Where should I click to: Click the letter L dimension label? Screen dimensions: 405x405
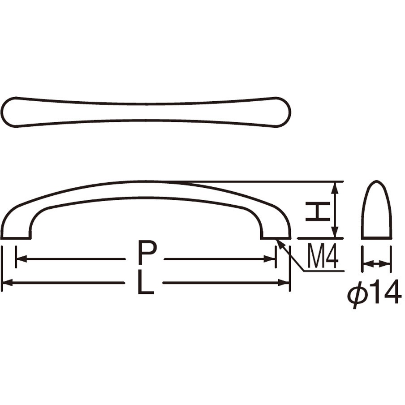[146, 282]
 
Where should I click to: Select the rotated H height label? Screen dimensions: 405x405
[318, 211]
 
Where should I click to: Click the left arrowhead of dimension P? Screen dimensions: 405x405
[22, 259]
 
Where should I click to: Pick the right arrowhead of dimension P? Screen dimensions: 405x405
[269, 259]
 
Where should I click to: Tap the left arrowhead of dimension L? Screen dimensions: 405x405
[7, 283]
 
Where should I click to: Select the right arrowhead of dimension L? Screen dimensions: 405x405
[283, 283]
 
